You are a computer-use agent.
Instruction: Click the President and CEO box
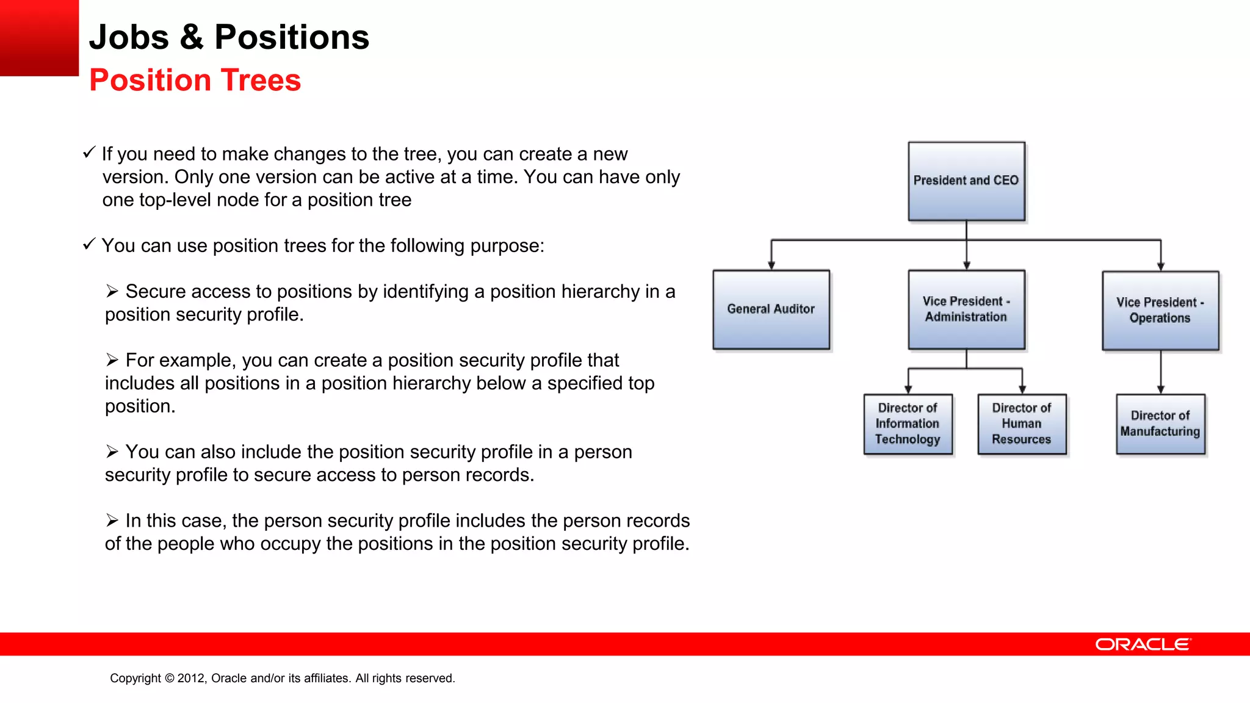966,181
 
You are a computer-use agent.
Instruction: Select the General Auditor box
771,309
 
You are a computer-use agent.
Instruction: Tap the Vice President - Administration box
966,309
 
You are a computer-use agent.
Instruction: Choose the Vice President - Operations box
1160,311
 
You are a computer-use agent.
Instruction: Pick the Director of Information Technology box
908,424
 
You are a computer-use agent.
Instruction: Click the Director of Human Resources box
1022,424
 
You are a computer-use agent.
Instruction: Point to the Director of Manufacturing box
1160,424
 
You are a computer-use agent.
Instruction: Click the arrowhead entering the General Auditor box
771,265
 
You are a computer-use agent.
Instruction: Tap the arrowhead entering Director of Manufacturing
1161,389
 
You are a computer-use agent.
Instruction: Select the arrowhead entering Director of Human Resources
1022,389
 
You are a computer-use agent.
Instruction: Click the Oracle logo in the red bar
1143,644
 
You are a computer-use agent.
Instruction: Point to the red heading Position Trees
195,80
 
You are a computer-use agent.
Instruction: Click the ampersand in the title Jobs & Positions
191,37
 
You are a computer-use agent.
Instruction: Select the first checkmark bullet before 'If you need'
89,152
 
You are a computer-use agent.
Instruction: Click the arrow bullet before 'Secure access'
112,291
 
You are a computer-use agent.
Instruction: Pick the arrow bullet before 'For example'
112,360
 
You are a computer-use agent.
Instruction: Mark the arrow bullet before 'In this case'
112,521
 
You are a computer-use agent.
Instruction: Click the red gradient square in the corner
39,38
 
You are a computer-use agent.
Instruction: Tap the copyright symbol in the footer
169,678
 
